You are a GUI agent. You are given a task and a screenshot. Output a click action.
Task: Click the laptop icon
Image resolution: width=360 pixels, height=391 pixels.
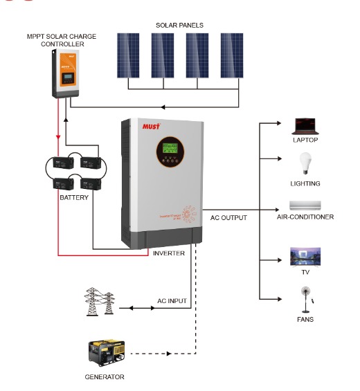tap(305, 125)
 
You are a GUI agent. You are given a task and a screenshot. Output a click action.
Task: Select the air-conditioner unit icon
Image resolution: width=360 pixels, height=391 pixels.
tap(305, 206)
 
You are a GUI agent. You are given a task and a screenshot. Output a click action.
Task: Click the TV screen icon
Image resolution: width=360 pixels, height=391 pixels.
tap(305, 257)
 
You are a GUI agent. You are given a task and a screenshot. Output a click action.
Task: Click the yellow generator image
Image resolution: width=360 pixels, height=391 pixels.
tap(105, 354)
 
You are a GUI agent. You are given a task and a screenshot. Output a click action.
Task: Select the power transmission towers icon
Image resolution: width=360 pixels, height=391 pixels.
tap(98, 302)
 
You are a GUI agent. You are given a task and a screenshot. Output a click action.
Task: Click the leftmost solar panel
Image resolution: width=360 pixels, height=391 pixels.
tap(127, 55)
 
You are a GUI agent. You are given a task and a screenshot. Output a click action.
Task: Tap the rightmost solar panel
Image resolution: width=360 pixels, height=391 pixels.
tap(232, 55)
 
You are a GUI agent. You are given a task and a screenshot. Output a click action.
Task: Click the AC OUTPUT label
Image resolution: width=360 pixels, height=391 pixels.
tap(228, 217)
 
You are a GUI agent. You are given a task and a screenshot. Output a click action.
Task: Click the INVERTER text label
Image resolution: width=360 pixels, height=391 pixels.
tap(168, 253)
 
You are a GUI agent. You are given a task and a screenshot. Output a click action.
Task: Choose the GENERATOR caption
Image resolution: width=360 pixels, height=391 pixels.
tap(105, 377)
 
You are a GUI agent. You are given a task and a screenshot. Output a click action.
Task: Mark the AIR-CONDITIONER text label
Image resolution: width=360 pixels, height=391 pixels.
tap(305, 217)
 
